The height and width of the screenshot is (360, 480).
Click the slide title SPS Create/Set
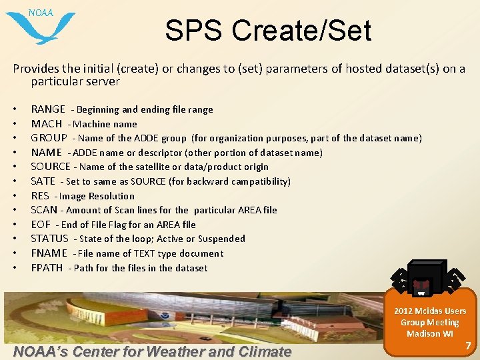[x=268, y=31]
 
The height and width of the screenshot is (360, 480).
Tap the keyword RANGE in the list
[x=48, y=109]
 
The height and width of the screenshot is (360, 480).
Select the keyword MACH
[x=47, y=124]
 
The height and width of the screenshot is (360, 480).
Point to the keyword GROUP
[x=49, y=138]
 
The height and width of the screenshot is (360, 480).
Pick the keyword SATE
[x=43, y=181]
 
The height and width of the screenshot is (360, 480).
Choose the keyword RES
[x=40, y=196]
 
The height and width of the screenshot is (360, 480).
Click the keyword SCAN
[x=44, y=210]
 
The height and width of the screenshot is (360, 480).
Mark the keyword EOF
[x=41, y=225]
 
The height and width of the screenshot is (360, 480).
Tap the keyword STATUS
[x=50, y=239]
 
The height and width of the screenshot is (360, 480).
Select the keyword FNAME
[x=49, y=253]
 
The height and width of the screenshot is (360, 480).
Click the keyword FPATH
[x=47, y=268]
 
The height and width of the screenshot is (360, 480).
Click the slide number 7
[x=468, y=346]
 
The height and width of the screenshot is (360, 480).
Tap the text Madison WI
[x=430, y=333]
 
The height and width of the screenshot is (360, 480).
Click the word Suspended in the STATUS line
[x=220, y=239]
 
